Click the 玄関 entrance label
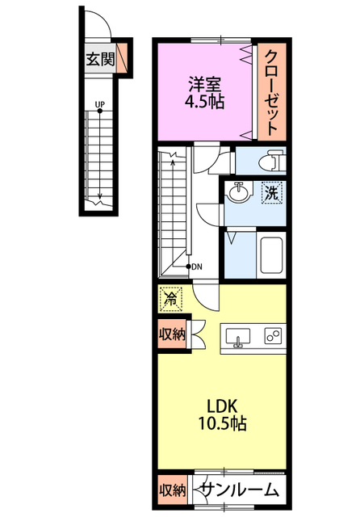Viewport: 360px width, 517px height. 100,59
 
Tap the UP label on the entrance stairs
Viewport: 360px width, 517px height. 100,104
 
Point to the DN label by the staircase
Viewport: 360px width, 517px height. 197,267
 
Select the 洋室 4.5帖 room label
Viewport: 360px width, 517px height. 204,93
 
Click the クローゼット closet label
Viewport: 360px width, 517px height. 271,93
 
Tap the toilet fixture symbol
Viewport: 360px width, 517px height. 271,161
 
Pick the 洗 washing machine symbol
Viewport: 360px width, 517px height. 272,193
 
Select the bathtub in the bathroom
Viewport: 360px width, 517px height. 271,254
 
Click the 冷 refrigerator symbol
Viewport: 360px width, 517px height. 171,300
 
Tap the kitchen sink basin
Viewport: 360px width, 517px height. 237,337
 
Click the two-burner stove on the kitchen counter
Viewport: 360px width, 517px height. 273,336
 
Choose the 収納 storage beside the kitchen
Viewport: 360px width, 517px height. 172,334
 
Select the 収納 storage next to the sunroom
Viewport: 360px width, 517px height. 172,491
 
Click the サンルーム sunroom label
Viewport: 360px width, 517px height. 240,490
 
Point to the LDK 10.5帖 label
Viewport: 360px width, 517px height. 222,414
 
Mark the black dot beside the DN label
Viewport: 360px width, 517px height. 189,267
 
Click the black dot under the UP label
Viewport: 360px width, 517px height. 100,111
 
